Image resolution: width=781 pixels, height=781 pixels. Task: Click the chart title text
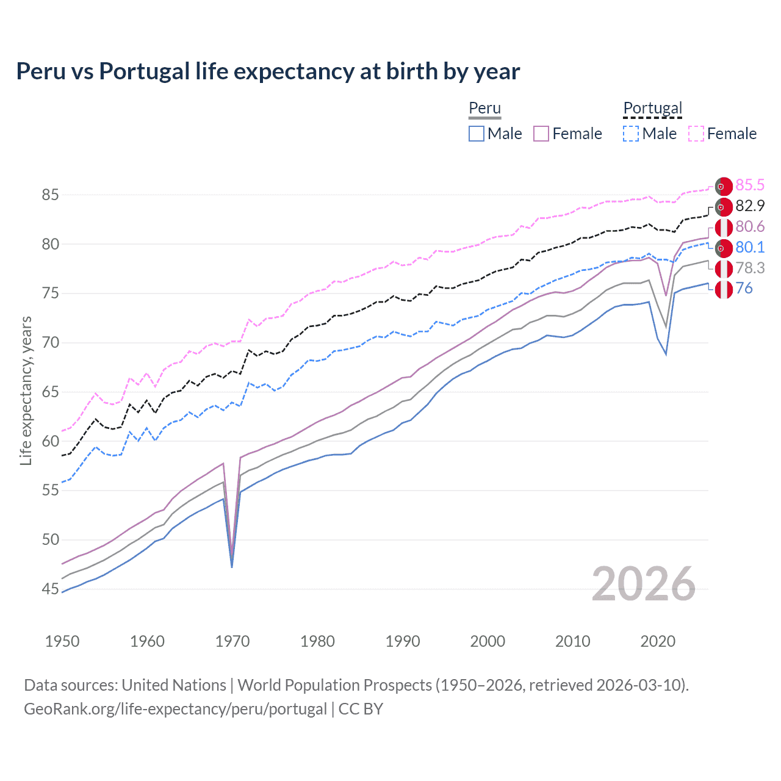pos(268,71)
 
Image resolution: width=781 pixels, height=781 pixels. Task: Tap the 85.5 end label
pos(750,185)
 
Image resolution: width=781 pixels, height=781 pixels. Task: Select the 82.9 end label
pos(750,206)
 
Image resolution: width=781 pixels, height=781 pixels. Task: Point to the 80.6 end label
pos(750,226)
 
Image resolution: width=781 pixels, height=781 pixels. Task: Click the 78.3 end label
pos(750,268)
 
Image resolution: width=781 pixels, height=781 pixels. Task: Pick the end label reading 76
pos(744,288)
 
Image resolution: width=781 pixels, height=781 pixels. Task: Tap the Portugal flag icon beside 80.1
pos(724,248)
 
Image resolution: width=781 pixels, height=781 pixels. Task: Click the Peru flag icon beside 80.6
pos(724,228)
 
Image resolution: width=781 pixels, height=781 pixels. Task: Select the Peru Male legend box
pos(477,134)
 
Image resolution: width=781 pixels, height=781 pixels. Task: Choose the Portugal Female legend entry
pos(722,134)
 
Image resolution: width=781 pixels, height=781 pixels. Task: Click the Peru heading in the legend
pos(484,108)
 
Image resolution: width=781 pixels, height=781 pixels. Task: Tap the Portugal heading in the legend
pos(652,108)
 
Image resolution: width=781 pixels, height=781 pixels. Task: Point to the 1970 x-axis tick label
pos(232,641)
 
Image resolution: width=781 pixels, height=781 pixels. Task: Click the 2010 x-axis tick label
pos(572,641)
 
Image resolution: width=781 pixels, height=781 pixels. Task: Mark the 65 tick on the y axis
pos(50,392)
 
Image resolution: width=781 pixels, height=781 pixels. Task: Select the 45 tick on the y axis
pos(50,589)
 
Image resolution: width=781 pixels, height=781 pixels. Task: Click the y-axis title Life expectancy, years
pos(26,390)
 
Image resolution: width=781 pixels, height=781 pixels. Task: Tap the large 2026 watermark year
pos(643,585)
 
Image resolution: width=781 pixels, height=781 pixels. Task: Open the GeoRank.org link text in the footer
pos(176,708)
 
